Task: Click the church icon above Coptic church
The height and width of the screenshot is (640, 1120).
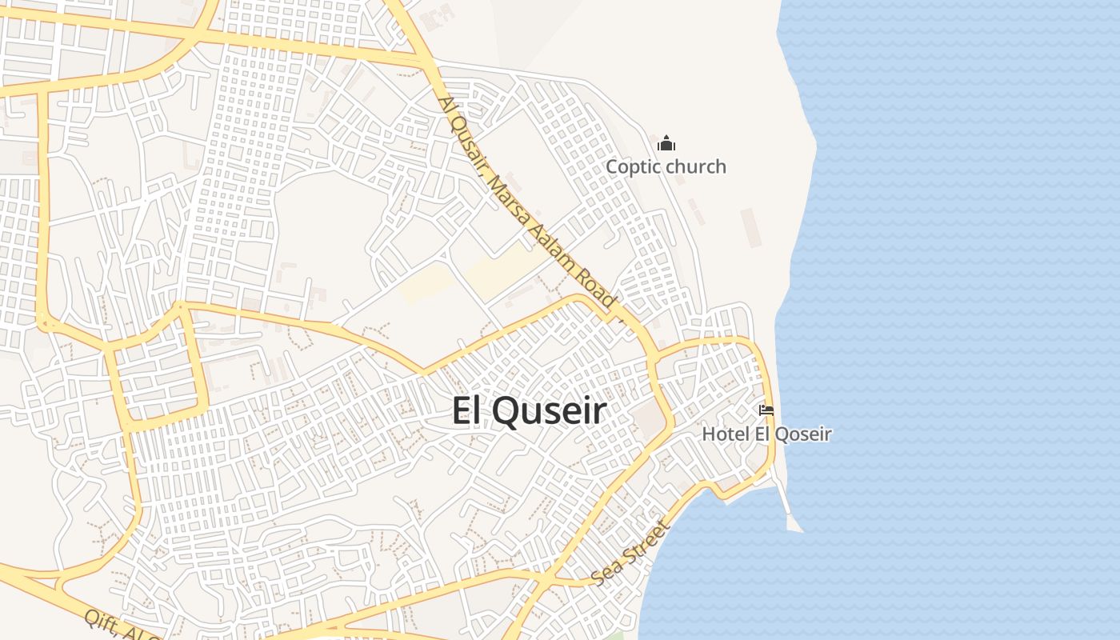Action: (666, 144)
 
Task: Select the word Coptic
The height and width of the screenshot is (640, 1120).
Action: (633, 166)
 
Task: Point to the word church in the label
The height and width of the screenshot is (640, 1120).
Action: (696, 166)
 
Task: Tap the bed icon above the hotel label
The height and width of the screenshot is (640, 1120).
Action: (766, 410)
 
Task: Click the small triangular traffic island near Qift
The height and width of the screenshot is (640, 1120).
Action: (61, 583)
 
